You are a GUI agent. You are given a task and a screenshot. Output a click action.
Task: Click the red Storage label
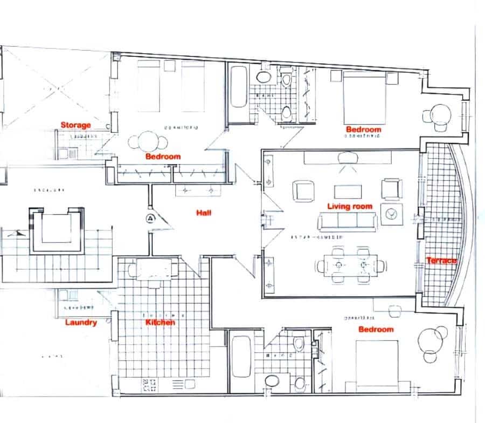(75, 125)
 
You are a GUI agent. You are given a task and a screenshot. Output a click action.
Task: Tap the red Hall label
(204, 213)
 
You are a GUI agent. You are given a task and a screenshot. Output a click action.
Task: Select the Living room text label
(350, 206)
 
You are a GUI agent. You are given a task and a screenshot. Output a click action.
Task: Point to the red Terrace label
(441, 261)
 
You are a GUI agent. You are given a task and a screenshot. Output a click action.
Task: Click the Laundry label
(81, 323)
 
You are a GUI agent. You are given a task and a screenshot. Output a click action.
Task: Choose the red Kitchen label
(161, 323)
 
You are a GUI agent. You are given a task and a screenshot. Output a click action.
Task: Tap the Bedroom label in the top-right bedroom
(363, 129)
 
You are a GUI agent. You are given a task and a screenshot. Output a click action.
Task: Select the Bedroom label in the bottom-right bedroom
(376, 329)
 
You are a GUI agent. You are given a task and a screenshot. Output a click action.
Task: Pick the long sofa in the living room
(348, 221)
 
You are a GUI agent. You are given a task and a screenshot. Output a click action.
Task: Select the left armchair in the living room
(303, 190)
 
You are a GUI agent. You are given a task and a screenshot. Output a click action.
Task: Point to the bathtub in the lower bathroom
(240, 358)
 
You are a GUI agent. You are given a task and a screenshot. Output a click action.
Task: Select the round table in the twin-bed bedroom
(147, 142)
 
